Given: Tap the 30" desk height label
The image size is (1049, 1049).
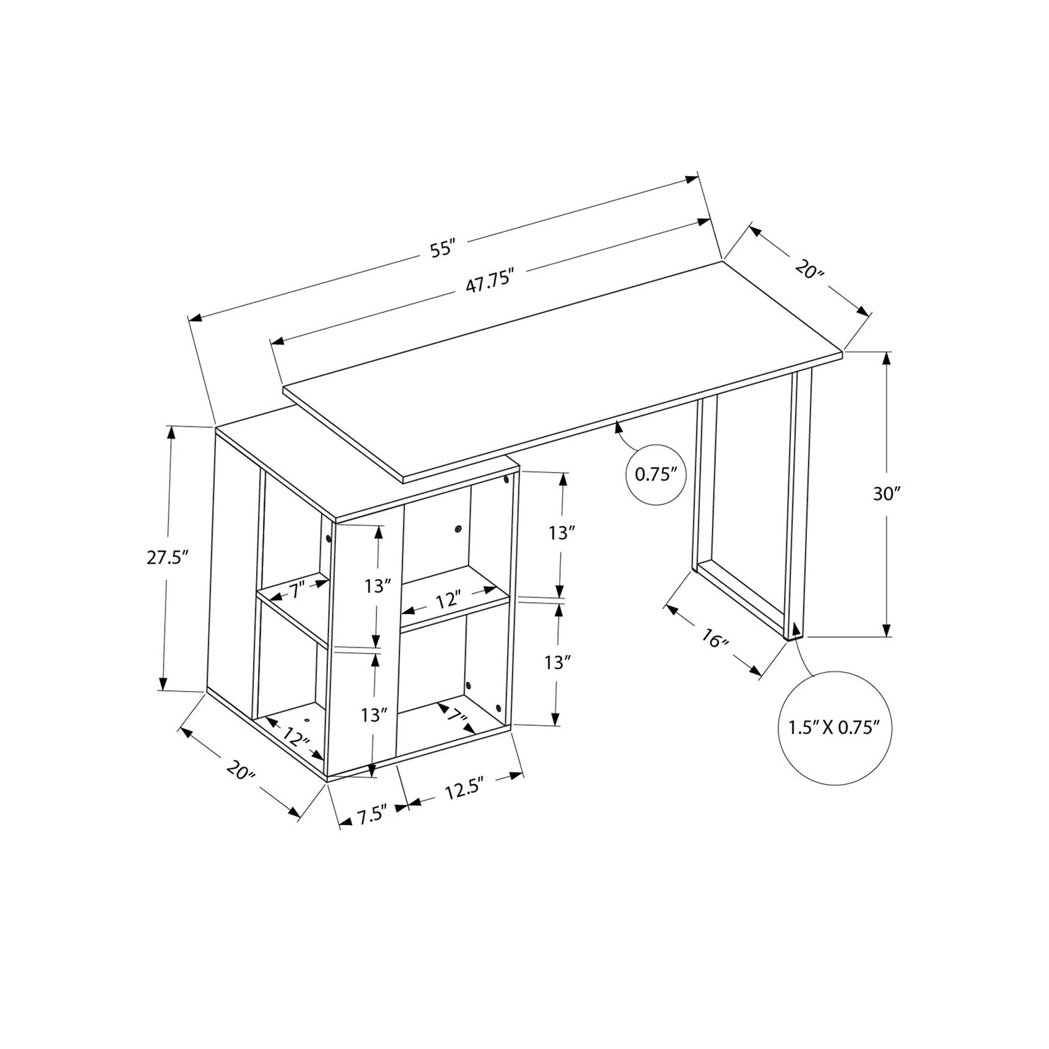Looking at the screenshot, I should click(886, 494).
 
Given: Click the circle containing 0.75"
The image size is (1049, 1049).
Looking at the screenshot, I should click(657, 474).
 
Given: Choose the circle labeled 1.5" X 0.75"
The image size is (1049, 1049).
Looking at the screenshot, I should click(833, 727).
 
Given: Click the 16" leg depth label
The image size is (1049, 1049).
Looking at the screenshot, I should click(714, 639).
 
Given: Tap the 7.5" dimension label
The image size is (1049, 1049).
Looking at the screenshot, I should click(372, 816).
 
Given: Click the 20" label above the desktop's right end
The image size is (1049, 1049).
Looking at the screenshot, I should click(809, 269).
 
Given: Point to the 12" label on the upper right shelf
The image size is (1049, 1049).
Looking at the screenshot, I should click(448, 599).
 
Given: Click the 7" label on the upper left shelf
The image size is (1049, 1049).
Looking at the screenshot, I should click(295, 591).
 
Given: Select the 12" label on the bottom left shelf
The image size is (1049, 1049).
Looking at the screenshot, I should click(297, 737).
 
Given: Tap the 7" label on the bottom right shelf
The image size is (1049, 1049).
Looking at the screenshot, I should click(458, 716).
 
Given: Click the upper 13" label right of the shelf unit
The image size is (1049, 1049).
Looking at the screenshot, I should click(562, 533).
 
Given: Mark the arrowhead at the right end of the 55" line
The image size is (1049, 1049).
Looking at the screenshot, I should click(692, 178).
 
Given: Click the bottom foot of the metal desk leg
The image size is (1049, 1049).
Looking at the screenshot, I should click(794, 631).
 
